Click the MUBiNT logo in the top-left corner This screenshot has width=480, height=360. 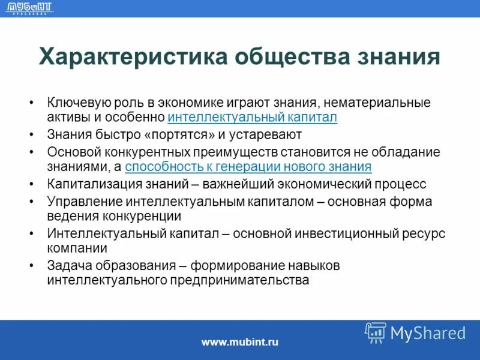click(x=29, y=8)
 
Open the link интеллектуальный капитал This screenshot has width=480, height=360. click(x=253, y=117)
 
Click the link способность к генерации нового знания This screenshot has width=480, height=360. click(x=248, y=166)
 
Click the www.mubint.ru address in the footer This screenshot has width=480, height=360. click(x=240, y=342)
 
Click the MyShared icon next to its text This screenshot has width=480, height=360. click(x=376, y=332)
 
